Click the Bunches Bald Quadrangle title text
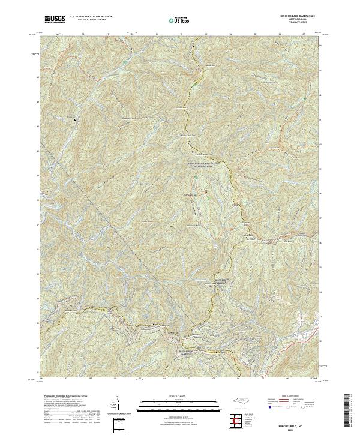[x=293, y=16]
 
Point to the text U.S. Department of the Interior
[x=91, y=17]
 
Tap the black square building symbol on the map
[x=75, y=119]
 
